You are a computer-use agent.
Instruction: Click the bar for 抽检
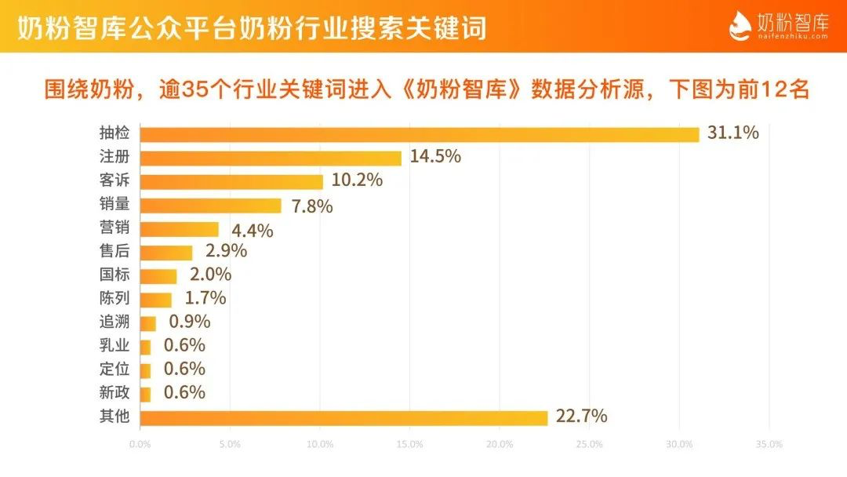pos(419,135)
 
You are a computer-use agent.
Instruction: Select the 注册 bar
pos(271,158)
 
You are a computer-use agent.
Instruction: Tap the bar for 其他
pos(344,417)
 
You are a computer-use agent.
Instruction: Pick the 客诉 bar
pos(231,182)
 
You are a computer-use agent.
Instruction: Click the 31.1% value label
pos(732,133)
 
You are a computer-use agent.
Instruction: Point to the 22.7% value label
pos(581,416)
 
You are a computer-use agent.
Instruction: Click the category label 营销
pos(115,228)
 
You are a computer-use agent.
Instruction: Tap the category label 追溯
pos(115,322)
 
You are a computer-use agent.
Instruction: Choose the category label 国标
pos(115,275)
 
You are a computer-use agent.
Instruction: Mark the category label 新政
pos(115,393)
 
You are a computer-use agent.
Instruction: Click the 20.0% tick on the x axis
pos(500,445)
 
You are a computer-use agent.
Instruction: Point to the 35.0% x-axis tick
pos(769,445)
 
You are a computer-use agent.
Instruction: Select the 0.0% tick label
pos(140,445)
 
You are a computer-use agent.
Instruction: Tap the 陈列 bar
pos(155,300)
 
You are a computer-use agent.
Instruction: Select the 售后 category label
pos(115,252)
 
